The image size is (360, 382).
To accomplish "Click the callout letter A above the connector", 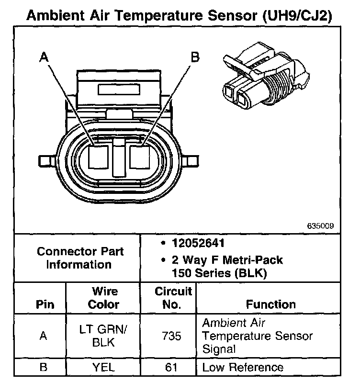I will click(44, 57).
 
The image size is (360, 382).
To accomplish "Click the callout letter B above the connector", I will click(195, 57).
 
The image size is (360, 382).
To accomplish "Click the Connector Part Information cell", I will click(80, 258).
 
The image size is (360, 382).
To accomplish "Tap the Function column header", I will click(270, 304).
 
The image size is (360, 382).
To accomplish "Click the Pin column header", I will click(45, 304).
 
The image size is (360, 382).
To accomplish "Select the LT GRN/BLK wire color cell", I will click(103, 336).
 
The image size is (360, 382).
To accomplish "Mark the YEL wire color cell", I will click(103, 367).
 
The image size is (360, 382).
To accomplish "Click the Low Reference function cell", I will click(243, 367).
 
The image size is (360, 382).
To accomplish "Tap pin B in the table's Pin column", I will click(44, 367).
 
